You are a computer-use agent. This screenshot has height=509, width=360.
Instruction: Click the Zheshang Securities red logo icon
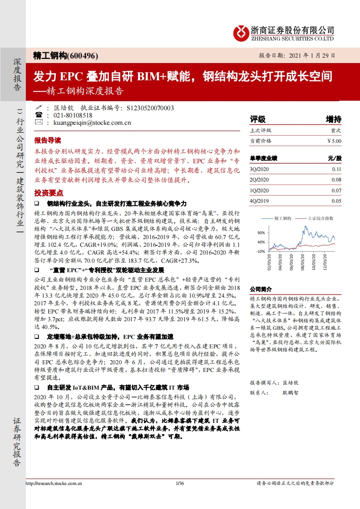[x=241, y=32]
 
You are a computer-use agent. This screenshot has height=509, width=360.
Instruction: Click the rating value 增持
[x=333, y=119]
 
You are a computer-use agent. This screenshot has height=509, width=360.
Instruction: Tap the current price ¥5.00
[x=334, y=141]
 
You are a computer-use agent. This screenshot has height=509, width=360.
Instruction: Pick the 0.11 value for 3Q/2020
[x=336, y=169]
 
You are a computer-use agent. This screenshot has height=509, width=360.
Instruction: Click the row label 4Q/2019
[x=260, y=201]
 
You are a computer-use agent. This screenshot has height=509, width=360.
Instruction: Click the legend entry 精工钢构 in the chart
[x=283, y=218]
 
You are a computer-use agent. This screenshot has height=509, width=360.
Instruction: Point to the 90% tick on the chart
[x=261, y=233]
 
